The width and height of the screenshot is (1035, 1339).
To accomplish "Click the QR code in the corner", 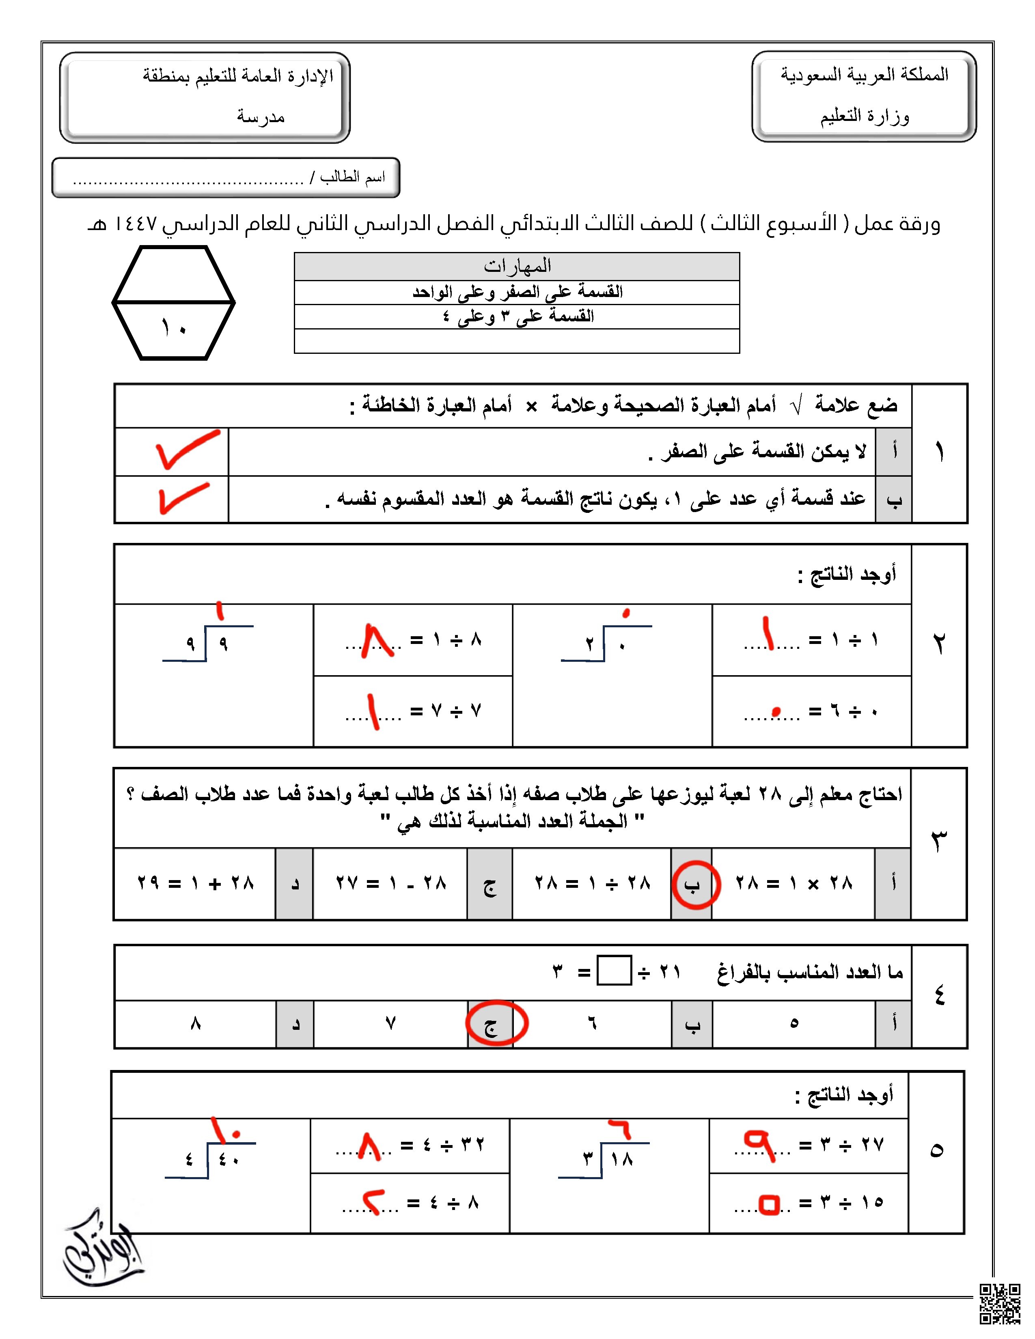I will (x=999, y=1303).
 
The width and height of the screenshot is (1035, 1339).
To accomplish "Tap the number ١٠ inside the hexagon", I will (x=174, y=328).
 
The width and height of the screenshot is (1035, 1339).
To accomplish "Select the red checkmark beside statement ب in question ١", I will (x=182, y=497).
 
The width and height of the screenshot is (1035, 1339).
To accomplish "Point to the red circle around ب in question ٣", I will (x=695, y=885).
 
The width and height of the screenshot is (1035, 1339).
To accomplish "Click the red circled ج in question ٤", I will (x=496, y=1022).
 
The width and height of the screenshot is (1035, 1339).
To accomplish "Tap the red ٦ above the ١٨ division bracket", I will (x=621, y=1129).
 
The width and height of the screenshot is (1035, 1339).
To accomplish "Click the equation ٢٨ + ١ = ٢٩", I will (x=195, y=883).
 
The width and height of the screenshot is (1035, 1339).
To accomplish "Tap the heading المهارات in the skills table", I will (x=517, y=266).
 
